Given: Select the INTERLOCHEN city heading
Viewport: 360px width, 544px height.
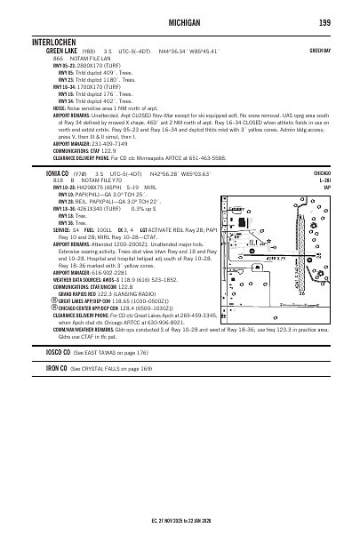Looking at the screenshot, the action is (x=59, y=43).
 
